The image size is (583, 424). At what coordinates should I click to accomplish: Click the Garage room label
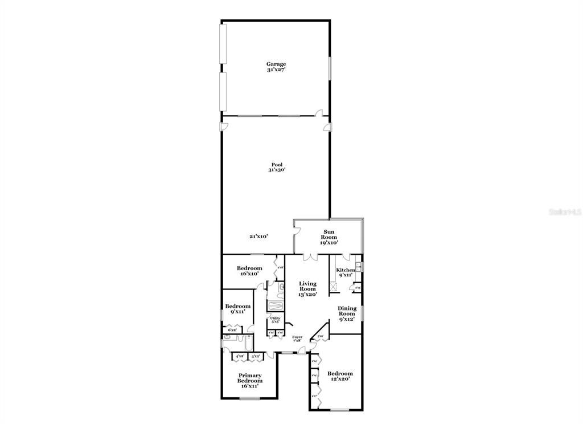[276, 67]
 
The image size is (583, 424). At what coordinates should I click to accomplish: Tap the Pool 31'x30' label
[276, 167]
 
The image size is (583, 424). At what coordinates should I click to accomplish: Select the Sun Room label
[329, 237]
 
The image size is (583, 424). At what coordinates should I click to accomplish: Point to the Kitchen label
[346, 272]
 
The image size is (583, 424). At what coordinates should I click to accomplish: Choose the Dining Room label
[347, 313]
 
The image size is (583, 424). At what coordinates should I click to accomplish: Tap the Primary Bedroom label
[250, 381]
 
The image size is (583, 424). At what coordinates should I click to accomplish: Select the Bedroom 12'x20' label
[340, 376]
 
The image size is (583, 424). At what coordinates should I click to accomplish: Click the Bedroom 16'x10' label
[249, 271]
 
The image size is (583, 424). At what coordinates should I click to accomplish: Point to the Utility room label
[274, 320]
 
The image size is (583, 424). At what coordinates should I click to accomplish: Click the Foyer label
[297, 339]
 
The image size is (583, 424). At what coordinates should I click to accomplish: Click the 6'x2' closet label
[232, 330]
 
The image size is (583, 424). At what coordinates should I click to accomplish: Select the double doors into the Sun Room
[310, 258]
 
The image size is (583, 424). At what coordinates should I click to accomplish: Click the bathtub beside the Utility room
[274, 305]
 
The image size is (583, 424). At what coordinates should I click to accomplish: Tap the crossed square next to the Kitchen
[334, 287]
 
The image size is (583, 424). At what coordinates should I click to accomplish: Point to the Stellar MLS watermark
[564, 210]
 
